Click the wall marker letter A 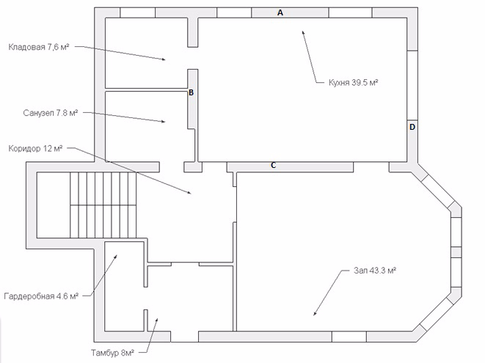280,12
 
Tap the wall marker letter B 192,92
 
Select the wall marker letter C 273,166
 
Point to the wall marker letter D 412,127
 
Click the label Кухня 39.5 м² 353,83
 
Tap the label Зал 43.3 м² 375,271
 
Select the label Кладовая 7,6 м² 38,47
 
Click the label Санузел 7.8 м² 51,113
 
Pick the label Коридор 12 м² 35,149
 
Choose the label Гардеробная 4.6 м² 41,296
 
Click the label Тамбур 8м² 112,353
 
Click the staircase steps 103,205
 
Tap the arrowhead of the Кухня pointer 303,32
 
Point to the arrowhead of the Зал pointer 315,313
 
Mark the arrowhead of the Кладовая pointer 164,59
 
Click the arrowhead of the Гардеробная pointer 116,257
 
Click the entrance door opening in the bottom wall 184,337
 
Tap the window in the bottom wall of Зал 349,337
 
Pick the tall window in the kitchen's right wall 412,85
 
